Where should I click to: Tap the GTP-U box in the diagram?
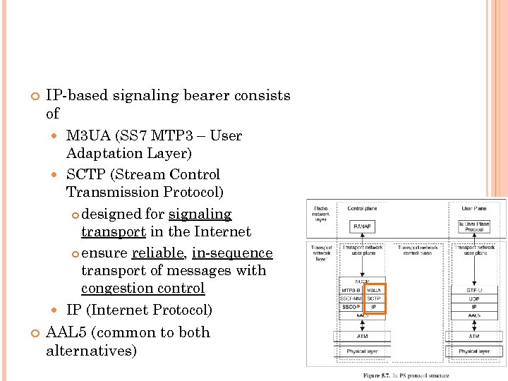click(x=473, y=289)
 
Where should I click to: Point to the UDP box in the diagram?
click(x=473, y=298)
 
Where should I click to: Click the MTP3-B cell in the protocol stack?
click(x=351, y=289)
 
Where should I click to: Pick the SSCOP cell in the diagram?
click(x=351, y=308)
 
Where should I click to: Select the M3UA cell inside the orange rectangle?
click(x=373, y=289)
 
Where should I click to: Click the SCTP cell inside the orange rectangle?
click(x=373, y=298)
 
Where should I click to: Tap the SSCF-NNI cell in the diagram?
click(x=351, y=298)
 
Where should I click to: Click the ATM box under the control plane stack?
click(x=362, y=337)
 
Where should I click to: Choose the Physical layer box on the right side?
click(x=473, y=351)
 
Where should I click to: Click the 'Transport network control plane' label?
click(x=418, y=249)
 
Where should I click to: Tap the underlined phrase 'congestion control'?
click(x=143, y=289)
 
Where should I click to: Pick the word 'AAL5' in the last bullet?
click(x=65, y=332)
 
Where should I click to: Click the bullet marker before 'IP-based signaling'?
click(x=34, y=96)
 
